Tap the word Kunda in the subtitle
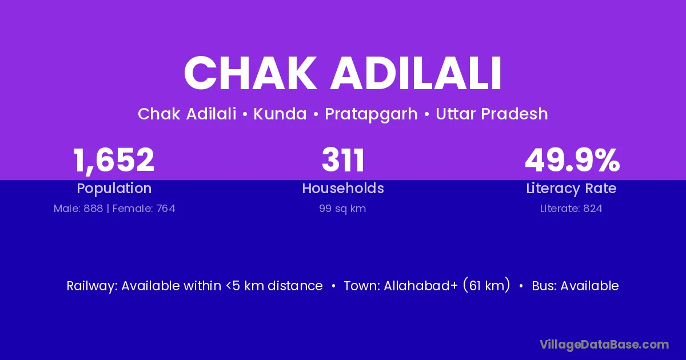tap(280, 114)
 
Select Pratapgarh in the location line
tap(371, 114)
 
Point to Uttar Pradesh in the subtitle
tap(492, 114)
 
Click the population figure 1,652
tap(114, 161)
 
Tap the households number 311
tap(343, 160)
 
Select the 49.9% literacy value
tap(572, 160)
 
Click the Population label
tap(114, 189)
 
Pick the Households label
tap(343, 188)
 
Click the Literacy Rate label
tap(571, 189)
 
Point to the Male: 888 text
tap(78, 209)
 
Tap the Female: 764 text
tap(144, 209)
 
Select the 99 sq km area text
tap(342, 209)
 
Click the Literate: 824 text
tap(571, 209)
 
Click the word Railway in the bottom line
tap(92, 286)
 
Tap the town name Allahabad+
tap(421, 286)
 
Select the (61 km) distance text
tap(486, 285)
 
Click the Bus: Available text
tap(575, 286)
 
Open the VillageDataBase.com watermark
tap(604, 345)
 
